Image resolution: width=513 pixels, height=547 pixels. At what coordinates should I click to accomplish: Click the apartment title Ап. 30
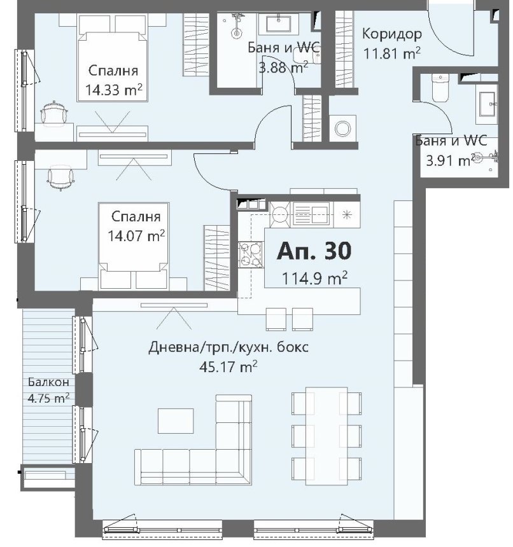tap(314, 251)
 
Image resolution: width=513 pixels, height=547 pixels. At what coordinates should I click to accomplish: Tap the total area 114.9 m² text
tap(314, 279)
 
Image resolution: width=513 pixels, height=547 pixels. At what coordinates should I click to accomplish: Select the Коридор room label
tap(392, 34)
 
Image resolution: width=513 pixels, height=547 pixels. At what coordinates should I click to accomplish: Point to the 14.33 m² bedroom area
tap(114, 90)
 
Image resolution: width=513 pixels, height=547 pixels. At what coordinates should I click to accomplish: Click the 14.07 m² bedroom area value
tap(136, 236)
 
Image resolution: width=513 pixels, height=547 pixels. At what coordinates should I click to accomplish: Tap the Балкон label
tap(48, 382)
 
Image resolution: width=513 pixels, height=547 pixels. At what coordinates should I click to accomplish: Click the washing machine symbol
tap(342, 128)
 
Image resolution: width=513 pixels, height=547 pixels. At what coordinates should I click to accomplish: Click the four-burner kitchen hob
tap(251, 254)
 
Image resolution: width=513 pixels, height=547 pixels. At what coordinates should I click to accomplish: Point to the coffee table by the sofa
tap(176, 420)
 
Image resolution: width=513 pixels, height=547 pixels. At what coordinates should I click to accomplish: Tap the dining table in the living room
tap(327, 436)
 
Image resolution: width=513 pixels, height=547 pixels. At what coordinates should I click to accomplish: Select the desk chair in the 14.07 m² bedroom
tap(61, 178)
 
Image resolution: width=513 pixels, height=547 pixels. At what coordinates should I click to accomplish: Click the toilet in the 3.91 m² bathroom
tap(440, 88)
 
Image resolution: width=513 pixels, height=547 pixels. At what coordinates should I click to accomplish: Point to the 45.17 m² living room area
tap(228, 366)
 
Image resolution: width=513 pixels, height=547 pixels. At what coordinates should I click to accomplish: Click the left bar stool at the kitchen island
tap(276, 319)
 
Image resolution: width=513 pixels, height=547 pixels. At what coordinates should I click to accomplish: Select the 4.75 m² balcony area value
tap(48, 398)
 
